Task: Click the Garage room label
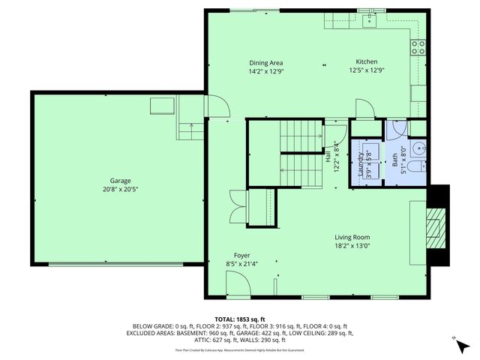click(x=120, y=181)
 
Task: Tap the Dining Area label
click(x=265, y=62)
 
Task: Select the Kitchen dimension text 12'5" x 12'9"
click(x=367, y=72)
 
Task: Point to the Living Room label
click(x=352, y=236)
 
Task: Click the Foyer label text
click(x=241, y=255)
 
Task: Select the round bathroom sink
click(x=419, y=145)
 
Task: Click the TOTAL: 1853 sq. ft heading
click(x=240, y=318)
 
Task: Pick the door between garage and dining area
click(x=214, y=109)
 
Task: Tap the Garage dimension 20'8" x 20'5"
click(x=120, y=190)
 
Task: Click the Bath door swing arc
click(x=395, y=130)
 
